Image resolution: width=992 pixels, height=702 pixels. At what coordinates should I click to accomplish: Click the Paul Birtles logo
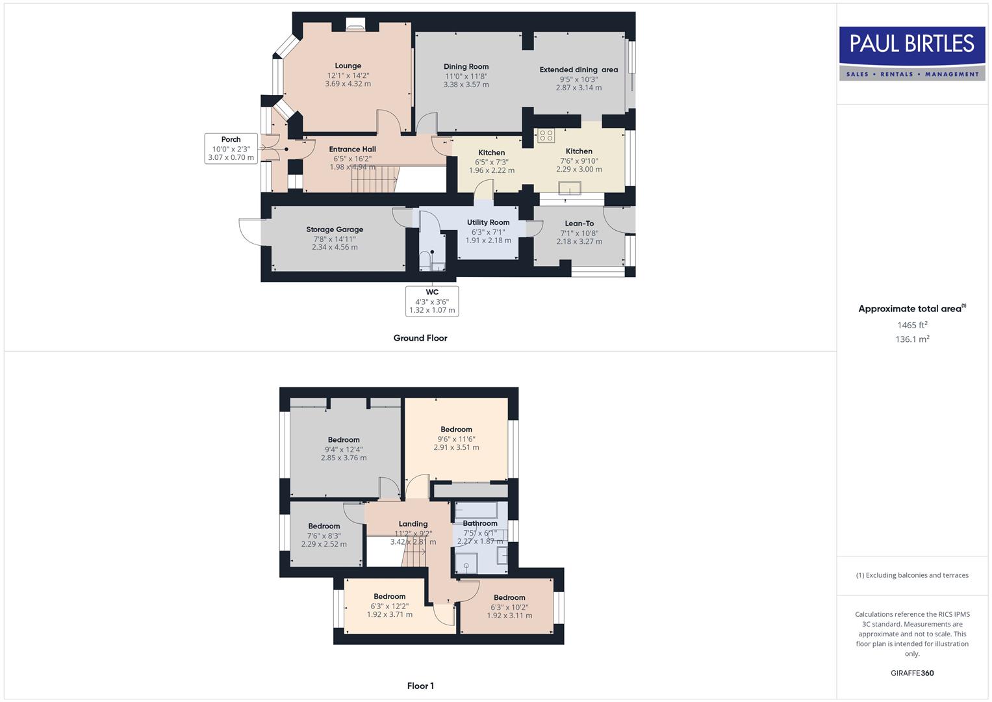pos(911,53)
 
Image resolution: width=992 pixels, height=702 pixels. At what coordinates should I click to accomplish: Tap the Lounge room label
pos(348,66)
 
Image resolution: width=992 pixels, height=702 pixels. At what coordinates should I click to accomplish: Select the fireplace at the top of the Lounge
pos(355,25)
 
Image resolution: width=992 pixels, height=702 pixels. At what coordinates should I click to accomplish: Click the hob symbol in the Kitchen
pos(546,136)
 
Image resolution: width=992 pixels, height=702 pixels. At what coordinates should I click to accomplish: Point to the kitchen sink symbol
pos(571,189)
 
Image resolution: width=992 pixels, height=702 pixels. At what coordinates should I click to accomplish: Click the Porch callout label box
pos(231,148)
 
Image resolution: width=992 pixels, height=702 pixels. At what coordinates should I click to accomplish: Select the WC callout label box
pos(432,301)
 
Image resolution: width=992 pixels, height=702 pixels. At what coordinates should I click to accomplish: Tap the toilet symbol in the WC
pos(425,261)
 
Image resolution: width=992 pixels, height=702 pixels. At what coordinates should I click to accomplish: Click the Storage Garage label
pos(335,229)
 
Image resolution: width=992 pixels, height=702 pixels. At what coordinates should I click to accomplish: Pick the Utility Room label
pos(488,222)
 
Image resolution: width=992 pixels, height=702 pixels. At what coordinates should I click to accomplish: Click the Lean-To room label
pos(579,224)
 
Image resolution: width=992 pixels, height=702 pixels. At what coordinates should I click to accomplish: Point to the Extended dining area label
pos(578,70)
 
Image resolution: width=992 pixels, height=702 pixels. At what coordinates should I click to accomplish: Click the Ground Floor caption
pos(420,338)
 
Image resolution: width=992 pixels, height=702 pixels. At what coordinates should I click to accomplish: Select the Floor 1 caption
pos(420,686)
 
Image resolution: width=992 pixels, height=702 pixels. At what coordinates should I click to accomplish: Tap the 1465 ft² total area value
pos(912,325)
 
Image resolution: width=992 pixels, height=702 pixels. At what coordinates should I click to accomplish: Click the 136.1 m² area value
pos(912,339)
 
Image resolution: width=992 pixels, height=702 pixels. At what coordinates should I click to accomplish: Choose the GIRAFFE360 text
pos(912,673)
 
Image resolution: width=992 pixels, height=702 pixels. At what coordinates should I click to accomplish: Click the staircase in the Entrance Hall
pos(374,179)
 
